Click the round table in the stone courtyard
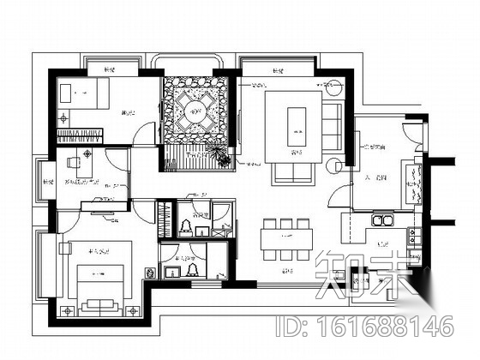[x=195, y=110]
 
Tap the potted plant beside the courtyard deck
[x=219, y=155]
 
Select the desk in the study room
[x=84, y=159]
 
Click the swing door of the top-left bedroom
[x=146, y=133]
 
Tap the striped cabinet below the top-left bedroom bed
[x=81, y=135]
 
